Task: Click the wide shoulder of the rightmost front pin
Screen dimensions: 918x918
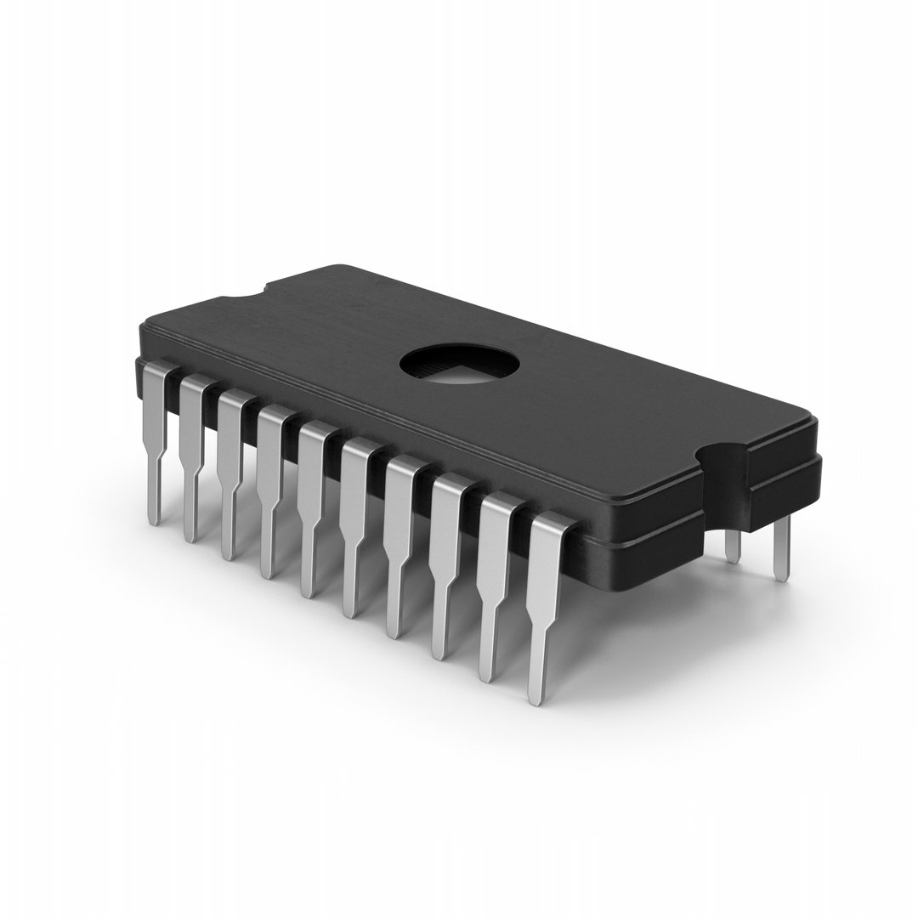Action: coord(547,561)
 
